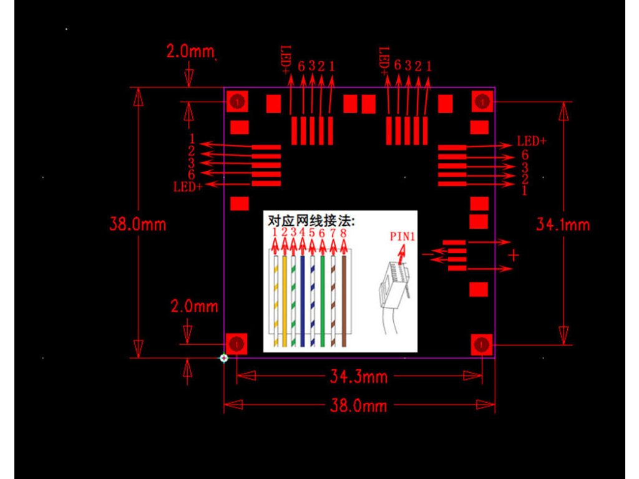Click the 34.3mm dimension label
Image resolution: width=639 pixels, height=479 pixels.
tap(358, 376)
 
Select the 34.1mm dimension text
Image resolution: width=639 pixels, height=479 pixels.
tap(563, 225)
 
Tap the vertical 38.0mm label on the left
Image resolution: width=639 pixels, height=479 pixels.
tap(138, 224)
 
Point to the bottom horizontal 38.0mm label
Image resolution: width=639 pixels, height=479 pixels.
tap(358, 406)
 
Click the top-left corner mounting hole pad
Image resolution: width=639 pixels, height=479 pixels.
tap(237, 101)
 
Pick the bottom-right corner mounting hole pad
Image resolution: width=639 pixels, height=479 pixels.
tap(481, 344)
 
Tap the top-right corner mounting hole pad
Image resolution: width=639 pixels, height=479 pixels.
tap(481, 101)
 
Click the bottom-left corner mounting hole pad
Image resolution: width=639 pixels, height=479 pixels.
tap(237, 344)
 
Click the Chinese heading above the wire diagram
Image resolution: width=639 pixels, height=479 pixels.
tap(311, 221)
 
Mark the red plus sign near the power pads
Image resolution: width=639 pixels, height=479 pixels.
tap(513, 254)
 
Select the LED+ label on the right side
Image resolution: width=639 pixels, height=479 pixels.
tap(532, 142)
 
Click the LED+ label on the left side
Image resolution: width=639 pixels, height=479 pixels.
tap(188, 186)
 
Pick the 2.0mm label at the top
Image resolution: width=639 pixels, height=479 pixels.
tap(190, 51)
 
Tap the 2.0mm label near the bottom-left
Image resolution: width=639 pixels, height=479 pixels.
tap(195, 306)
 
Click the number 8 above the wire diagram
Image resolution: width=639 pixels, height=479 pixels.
tap(343, 233)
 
